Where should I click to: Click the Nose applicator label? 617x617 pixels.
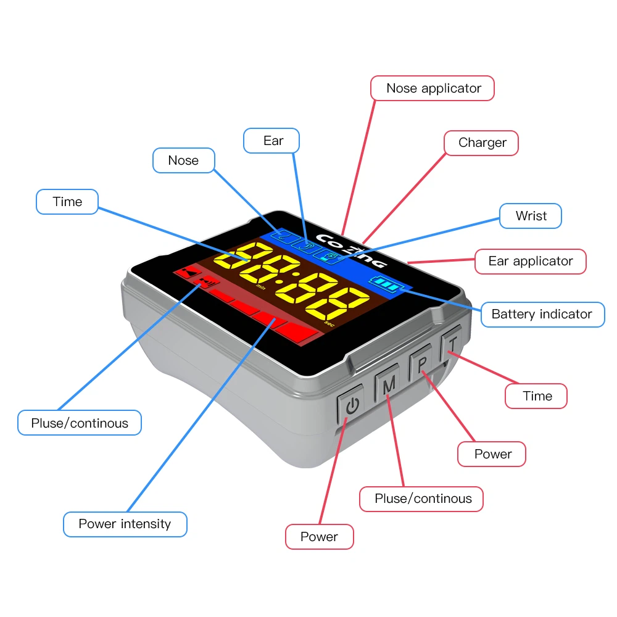(433, 88)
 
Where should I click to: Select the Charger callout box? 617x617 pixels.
(481, 143)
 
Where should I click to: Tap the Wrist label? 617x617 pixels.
(531, 216)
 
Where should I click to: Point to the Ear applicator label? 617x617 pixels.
(530, 261)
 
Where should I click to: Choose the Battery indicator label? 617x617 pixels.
(541, 314)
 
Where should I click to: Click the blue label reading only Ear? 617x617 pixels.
(272, 141)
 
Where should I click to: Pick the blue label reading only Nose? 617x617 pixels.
(183, 160)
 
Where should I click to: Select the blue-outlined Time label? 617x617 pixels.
(67, 202)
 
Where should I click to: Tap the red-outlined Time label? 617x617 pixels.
(536, 396)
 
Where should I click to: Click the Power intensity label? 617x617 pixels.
(125, 524)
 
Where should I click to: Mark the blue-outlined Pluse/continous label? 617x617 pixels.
(80, 423)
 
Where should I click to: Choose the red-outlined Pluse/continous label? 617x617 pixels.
(422, 499)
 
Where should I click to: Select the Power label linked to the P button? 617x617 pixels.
(492, 454)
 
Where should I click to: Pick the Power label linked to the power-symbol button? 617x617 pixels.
(319, 537)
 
